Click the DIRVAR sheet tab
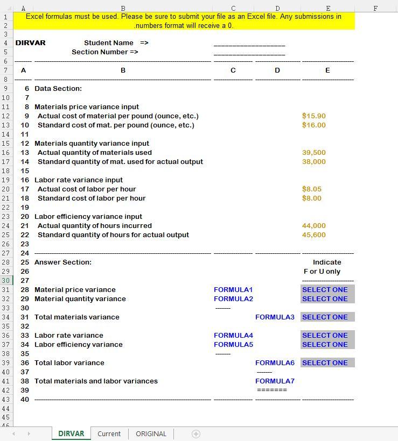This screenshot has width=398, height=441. coord(71,433)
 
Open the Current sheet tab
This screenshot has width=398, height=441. coord(109,433)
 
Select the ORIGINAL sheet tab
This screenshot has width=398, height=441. coord(151,433)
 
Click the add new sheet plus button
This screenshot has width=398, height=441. coord(196,434)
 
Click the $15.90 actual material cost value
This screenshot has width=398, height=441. coord(313,116)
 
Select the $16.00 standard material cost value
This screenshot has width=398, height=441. coord(313,125)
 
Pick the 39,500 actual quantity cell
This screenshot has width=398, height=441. coord(313,153)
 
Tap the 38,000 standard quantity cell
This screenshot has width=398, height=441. coord(313,162)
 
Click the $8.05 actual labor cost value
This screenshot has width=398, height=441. coord(311,189)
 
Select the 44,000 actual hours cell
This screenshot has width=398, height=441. coord(313,226)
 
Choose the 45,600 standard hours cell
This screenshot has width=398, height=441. coord(313,235)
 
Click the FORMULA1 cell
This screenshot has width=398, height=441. coord(233,290)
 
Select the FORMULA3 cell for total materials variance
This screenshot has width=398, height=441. coord(275,317)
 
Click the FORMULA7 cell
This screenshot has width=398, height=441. coord(275,381)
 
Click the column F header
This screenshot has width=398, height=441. coord(375,8)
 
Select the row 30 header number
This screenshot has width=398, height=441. coord(5,281)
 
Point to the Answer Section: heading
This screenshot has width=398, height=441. coord(63,262)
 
